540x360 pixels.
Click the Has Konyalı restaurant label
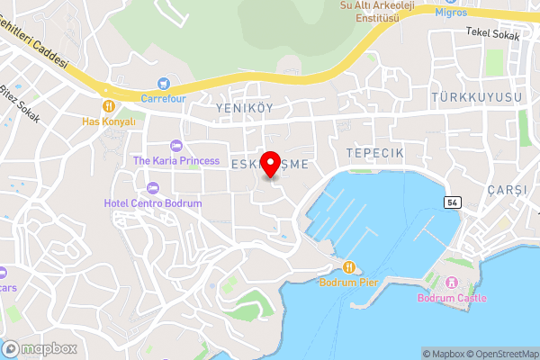pyautogui.click(x=108, y=121)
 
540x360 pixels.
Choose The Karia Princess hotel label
pyautogui.click(x=176, y=160)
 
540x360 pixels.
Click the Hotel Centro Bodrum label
pyautogui.click(x=153, y=203)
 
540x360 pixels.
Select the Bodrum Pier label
pyautogui.click(x=349, y=282)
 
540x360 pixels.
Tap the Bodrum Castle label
pyautogui.click(x=452, y=298)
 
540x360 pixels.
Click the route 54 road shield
pyautogui.click(x=452, y=203)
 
